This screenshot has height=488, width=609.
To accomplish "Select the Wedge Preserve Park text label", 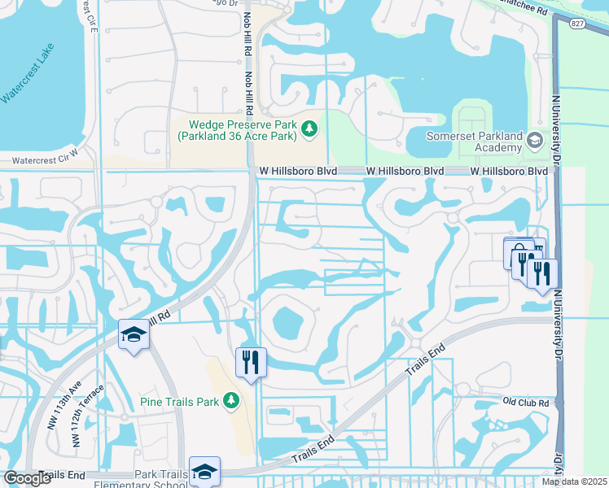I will click(x=242, y=131).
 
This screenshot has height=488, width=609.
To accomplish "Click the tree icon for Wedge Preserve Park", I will click(x=309, y=129).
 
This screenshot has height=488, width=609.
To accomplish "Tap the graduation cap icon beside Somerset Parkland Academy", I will click(x=534, y=140).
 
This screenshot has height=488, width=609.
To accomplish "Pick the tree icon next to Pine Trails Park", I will click(x=231, y=400).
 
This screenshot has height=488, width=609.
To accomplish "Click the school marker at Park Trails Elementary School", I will click(x=204, y=472).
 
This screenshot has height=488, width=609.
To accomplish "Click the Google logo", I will click(x=27, y=478).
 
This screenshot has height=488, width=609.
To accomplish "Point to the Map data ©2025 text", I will click(x=573, y=482).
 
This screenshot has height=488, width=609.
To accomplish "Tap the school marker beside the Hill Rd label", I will click(x=134, y=335).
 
